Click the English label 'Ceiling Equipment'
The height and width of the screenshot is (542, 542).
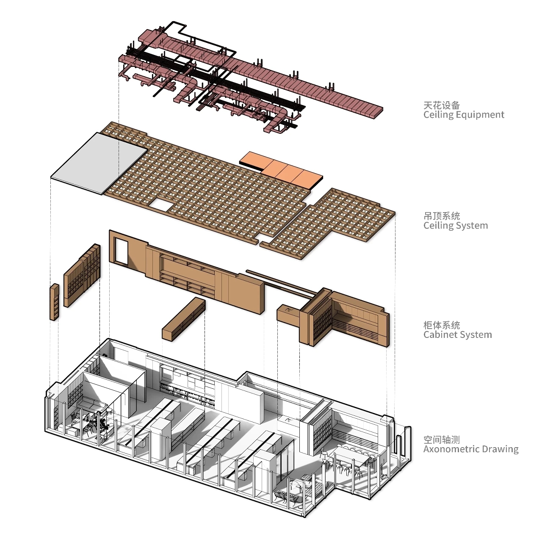tap(464, 115)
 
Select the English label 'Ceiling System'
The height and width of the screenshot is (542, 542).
tap(455, 226)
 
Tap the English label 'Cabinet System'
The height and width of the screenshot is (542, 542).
tap(457, 335)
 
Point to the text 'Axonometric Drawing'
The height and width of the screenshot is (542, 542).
tap(470, 449)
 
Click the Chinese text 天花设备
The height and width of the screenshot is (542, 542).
tap(442, 105)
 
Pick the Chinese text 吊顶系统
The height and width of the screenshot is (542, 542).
tap(442, 216)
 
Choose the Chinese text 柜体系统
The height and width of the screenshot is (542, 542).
tap(442, 326)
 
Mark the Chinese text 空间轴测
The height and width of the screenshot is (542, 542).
tap(442, 440)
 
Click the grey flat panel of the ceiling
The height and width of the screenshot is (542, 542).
tap(99, 163)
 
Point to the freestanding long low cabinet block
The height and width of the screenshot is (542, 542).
tap(183, 319)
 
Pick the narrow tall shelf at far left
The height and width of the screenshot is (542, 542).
tap(55, 302)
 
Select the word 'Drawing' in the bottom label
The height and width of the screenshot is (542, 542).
tap(499, 449)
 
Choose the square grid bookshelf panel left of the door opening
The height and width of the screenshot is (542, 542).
tap(82, 276)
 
